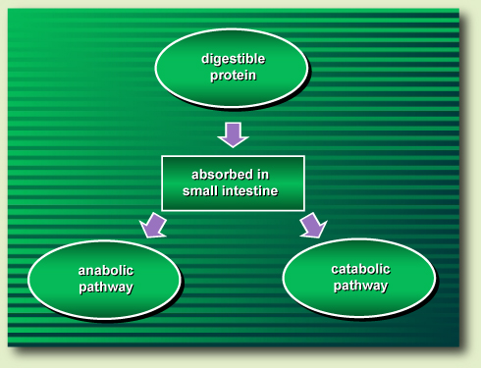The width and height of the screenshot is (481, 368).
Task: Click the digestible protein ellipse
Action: pos(233,67)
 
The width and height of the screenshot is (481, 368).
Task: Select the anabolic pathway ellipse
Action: pos(105,279)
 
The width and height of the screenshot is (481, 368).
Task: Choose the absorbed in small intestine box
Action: pos(233,183)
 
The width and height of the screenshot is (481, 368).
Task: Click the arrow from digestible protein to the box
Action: pos(233,133)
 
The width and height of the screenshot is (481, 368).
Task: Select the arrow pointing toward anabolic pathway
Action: pos(154,225)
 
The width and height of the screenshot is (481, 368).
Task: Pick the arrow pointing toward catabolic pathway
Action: pos(310,225)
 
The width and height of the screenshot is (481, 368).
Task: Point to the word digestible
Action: pos(234,59)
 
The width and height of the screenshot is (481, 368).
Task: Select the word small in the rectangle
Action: pos(202,190)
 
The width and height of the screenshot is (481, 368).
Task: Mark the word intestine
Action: pos(251,190)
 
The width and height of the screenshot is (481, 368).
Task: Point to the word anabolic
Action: pos(106,271)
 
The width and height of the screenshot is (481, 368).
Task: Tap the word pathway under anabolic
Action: pos(106,288)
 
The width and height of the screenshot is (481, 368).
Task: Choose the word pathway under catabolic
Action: pos(360,287)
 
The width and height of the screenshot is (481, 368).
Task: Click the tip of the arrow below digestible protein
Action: pos(233,146)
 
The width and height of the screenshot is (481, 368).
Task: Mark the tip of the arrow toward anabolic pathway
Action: pos(144,236)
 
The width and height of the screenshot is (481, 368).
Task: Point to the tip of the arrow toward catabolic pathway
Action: pos(320,236)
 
